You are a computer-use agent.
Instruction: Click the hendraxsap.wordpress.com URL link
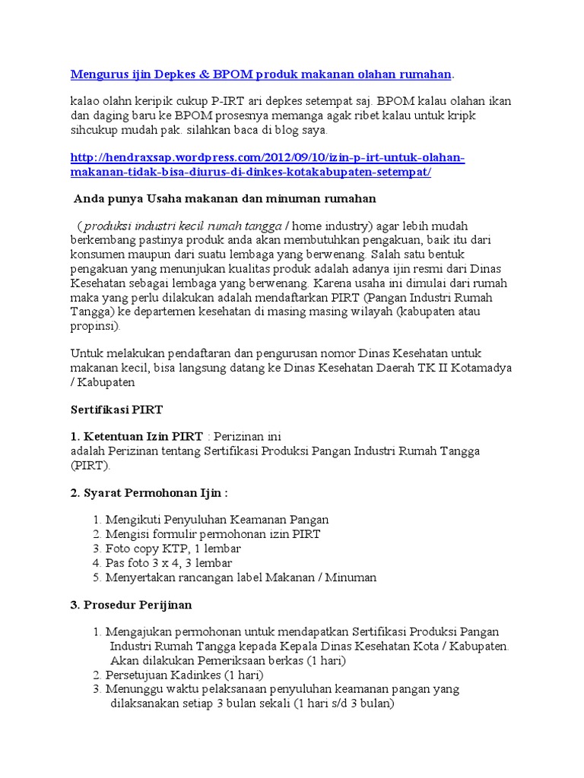pos(266,165)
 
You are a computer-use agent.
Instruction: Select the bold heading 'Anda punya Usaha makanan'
pos(225,198)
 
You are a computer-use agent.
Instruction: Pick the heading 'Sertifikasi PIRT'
pos(116,410)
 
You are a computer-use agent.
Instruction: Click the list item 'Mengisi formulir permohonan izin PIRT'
pos(213,534)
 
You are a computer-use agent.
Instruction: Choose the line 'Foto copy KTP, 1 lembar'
pos(173,549)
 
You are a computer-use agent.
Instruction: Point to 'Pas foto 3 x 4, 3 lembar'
pos(169,563)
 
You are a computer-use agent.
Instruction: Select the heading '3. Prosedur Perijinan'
pos(132,605)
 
